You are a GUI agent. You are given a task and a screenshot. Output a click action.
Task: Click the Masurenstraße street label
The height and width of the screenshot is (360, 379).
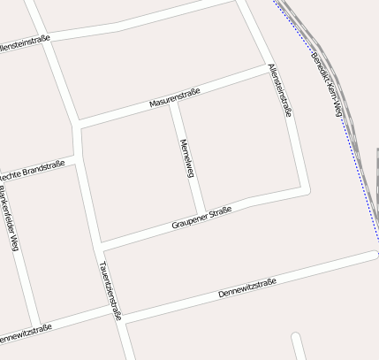pos(175,97)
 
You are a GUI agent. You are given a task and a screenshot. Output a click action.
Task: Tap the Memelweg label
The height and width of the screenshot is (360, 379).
pos(186,158)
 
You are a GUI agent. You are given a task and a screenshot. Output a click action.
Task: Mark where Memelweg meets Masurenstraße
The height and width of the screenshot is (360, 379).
pos(174,102)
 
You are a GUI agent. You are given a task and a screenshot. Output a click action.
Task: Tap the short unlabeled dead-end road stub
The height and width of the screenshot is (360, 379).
pos(298,346)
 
